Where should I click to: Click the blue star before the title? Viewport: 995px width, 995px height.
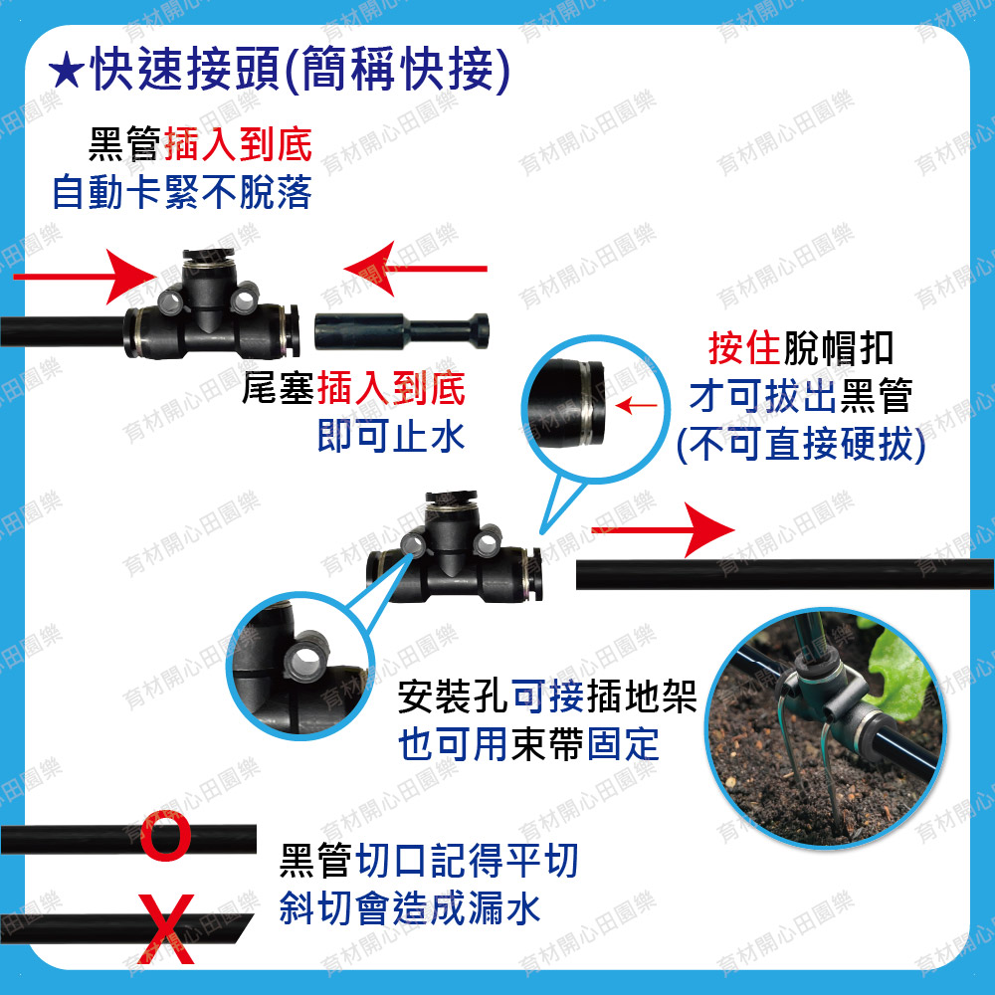66,71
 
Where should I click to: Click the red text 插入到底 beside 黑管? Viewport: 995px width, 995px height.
238,144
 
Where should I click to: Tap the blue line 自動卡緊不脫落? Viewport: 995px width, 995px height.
182,192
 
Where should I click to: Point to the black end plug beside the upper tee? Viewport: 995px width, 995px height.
402,331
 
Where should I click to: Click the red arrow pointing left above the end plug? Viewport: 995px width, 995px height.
416,269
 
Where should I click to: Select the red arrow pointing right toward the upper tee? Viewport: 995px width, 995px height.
85,277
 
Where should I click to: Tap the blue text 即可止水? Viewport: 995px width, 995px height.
391,436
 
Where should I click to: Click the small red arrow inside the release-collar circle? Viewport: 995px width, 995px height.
637,405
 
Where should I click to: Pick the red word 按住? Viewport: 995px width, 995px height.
743,347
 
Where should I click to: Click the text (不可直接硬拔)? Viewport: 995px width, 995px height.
801,444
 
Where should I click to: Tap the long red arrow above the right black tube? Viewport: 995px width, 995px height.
663,530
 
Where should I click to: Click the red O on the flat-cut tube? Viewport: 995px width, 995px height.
165,838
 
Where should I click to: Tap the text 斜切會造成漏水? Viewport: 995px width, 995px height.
410,908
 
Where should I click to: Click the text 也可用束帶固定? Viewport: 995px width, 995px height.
528,743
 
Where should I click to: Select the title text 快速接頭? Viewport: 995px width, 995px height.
185,70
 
